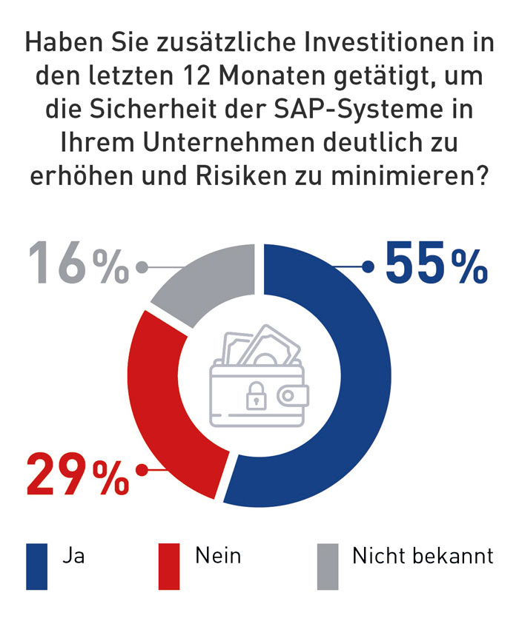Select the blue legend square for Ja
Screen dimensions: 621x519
pyautogui.click(x=36, y=566)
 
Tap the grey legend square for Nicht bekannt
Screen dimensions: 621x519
pyautogui.click(x=327, y=566)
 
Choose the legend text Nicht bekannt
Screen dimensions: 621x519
pyautogui.click(x=423, y=556)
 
